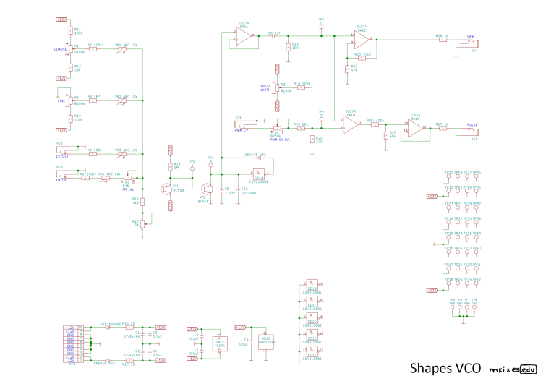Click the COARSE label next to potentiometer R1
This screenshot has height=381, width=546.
(x=60, y=49)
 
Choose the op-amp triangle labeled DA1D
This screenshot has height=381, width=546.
(x=414, y=128)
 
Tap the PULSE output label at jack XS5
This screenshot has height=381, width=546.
(x=472, y=124)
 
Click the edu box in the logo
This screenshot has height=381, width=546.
(x=529, y=368)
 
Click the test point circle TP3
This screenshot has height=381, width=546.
(x=321, y=27)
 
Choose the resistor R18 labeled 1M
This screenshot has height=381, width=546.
(x=170, y=166)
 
